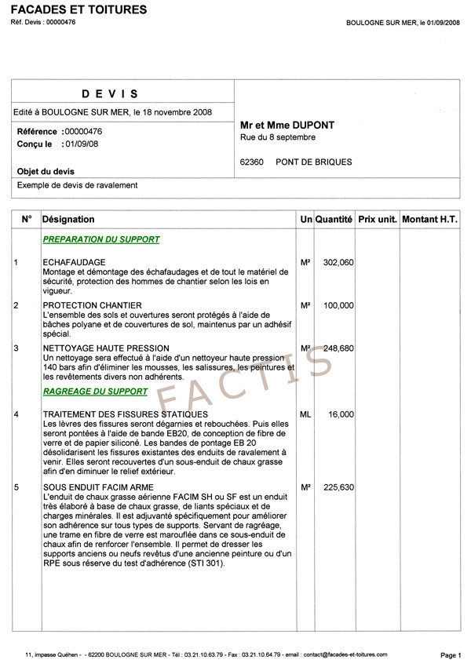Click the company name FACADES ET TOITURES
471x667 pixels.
78,10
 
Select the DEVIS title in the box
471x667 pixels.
110,94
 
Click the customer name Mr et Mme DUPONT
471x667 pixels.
287,126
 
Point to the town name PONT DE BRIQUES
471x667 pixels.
314,162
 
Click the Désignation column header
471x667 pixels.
68,220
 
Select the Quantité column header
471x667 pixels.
334,220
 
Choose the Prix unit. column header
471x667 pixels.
377,220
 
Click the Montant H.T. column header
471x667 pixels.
429,220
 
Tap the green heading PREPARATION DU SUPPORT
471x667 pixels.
101,240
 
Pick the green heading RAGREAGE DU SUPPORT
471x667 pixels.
97,391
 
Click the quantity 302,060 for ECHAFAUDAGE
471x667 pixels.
338,262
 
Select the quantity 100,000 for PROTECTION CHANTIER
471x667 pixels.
338,305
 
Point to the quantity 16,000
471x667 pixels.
341,414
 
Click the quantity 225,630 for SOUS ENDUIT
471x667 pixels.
338,487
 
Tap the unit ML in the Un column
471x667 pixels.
306,414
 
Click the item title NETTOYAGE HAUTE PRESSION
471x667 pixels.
106,348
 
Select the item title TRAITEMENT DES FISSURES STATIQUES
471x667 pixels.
126,414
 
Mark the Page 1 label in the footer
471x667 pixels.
451,654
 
